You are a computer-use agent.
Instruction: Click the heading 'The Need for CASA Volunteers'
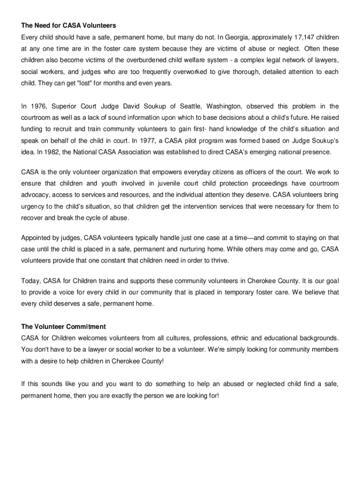point(68,25)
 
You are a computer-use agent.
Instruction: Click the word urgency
point(33,206)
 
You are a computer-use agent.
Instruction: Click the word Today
point(31,281)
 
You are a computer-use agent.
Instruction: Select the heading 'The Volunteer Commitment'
point(64,327)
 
